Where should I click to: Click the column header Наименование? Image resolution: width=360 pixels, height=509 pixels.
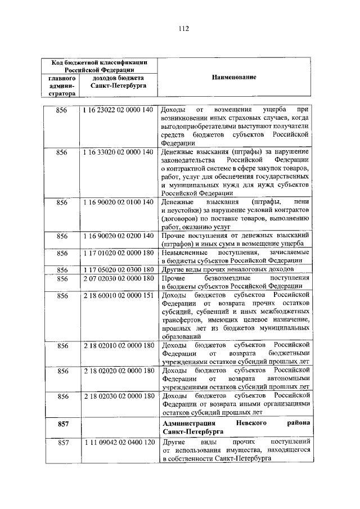click(x=234, y=77)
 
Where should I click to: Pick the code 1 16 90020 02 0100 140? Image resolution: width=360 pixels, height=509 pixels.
click(x=118, y=202)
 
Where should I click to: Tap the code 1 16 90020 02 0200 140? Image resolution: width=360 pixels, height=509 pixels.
click(x=118, y=235)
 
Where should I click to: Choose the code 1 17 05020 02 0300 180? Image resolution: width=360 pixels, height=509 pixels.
click(x=118, y=269)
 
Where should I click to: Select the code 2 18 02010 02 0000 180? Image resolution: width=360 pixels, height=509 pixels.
click(x=118, y=345)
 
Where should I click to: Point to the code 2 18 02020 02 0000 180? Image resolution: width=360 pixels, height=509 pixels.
click(x=118, y=371)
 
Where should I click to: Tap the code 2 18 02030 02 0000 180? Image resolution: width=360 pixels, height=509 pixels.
click(x=118, y=396)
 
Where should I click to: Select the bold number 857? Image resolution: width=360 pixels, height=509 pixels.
click(x=62, y=422)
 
